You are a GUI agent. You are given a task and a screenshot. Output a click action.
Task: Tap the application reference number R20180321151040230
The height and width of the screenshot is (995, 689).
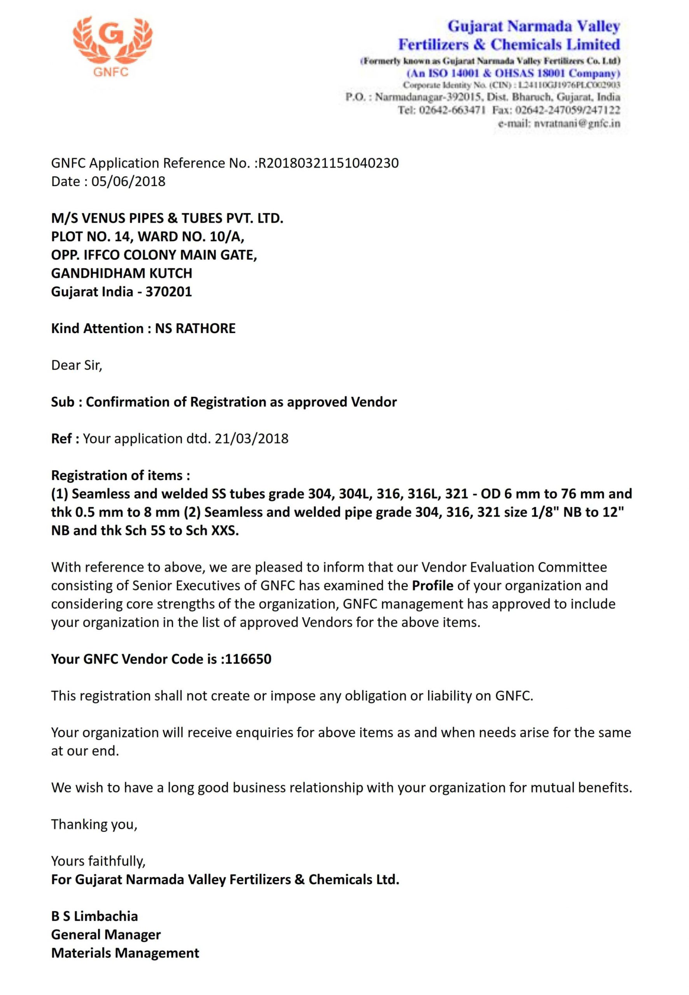328,163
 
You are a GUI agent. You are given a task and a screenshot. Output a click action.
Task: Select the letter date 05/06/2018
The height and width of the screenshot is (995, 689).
128,181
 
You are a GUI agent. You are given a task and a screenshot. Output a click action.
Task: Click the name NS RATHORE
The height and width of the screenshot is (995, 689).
195,328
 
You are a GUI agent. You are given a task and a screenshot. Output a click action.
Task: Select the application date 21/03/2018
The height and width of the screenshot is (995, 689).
251,438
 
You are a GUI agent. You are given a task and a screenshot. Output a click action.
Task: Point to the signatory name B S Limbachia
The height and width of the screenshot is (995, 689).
94,916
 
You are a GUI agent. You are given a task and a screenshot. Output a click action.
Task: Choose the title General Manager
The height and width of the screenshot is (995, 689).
106,935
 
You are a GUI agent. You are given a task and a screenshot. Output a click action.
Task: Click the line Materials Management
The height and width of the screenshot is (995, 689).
125,953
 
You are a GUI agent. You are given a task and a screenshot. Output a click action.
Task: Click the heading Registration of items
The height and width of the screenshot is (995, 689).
121,475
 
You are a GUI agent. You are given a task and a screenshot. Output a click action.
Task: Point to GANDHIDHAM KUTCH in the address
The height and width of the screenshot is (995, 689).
122,273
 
